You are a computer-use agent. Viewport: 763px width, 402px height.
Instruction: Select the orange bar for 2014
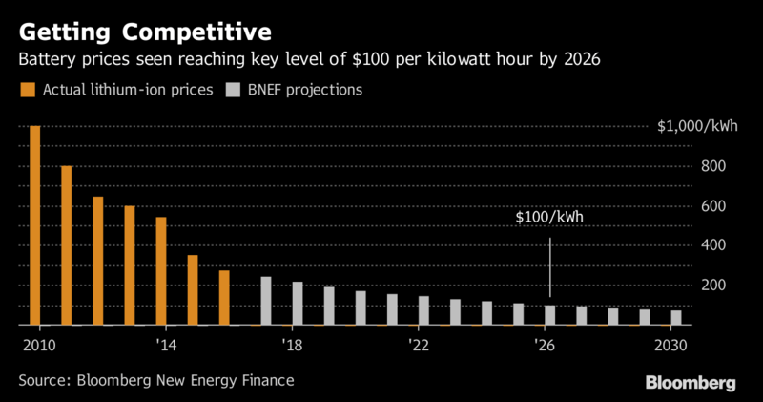coord(161,271)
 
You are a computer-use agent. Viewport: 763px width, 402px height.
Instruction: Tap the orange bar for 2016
coord(224,298)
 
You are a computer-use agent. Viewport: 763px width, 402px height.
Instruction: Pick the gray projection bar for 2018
coord(298,304)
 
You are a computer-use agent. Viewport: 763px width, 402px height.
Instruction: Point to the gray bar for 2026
coord(549,315)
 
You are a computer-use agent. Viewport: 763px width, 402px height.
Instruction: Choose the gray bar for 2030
coord(675,318)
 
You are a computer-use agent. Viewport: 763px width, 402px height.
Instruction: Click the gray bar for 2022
coord(423,310)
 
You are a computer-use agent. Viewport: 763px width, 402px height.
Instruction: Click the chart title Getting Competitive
coord(143,32)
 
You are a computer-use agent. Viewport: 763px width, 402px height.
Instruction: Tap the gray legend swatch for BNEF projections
coord(232,91)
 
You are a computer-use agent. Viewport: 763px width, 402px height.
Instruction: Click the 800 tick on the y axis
coord(714,166)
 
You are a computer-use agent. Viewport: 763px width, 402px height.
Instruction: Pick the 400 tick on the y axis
coord(714,245)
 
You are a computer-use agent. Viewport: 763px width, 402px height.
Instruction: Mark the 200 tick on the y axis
coord(714,286)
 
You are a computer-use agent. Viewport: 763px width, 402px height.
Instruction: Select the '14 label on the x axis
coord(165,344)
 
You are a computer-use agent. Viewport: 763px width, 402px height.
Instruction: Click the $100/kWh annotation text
coord(549,218)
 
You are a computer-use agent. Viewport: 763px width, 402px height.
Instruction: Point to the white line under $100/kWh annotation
coord(550,267)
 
